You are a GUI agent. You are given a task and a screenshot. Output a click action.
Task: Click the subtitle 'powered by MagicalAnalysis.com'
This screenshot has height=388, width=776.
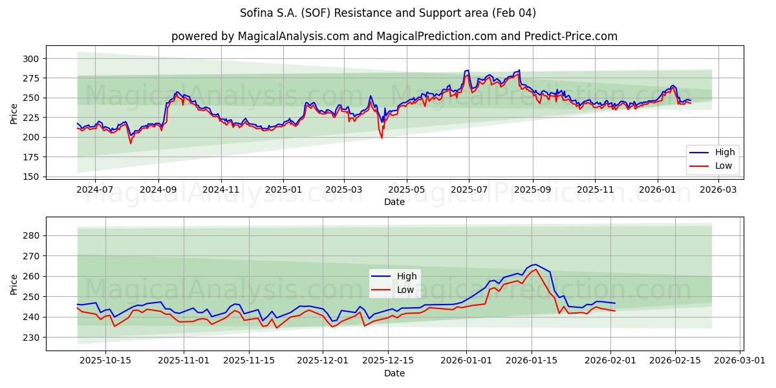click(x=394, y=36)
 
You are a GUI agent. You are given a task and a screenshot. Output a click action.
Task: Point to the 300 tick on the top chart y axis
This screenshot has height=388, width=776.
click(x=31, y=59)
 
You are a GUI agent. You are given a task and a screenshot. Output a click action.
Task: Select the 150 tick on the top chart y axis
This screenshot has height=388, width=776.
click(x=31, y=177)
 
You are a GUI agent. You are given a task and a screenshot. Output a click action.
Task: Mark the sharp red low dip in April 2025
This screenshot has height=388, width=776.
click(x=382, y=138)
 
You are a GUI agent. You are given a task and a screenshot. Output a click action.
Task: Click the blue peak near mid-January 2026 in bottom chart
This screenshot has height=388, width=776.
click(x=535, y=264)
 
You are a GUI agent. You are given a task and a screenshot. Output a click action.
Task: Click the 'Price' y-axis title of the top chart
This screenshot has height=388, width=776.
click(x=14, y=113)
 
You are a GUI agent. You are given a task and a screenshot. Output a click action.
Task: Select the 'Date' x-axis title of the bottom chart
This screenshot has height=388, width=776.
click(x=394, y=373)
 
